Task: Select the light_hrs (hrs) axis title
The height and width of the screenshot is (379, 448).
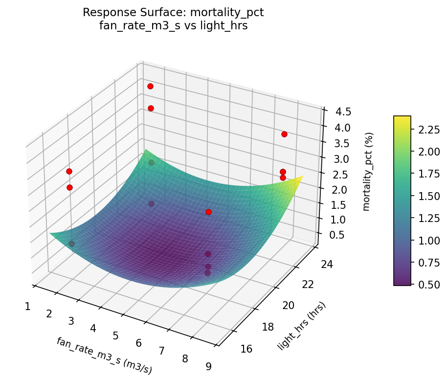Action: pos(301,326)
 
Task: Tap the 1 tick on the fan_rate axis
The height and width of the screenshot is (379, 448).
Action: pos(27,307)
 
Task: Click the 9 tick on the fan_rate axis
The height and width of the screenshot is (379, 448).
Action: pos(209,366)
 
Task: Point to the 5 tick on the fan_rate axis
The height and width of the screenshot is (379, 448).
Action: pos(115,335)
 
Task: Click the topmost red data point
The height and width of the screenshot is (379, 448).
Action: pos(150,86)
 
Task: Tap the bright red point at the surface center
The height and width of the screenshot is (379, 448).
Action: pos(208,212)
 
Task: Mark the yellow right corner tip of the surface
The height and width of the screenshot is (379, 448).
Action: pos(302,176)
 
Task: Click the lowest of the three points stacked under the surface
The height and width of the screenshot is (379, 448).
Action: pos(207,273)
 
